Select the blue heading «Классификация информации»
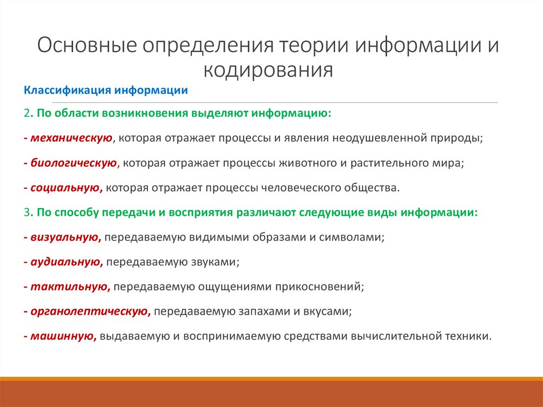tap(106, 90)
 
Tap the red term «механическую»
tap(72, 138)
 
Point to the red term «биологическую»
tap(74, 163)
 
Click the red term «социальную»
tap(66, 187)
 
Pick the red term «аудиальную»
tap(66, 262)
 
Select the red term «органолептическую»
tap(89, 311)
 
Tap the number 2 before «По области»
tap(27, 114)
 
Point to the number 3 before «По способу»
tap(27, 212)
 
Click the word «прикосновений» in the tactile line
tap(319, 287)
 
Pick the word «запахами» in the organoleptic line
tap(260, 311)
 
